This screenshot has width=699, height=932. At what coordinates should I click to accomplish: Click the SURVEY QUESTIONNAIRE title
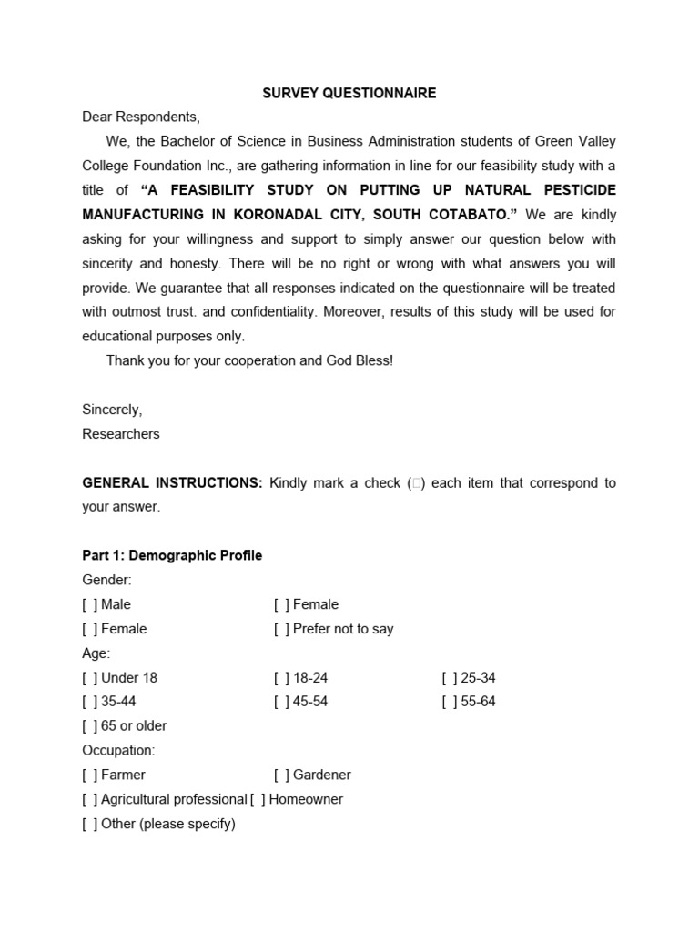tap(349, 93)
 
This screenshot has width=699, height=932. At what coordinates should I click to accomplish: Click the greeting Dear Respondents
tap(140, 116)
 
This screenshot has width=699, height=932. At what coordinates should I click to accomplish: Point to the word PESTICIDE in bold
tap(572, 190)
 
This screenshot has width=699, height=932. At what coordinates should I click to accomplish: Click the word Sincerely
tap(112, 410)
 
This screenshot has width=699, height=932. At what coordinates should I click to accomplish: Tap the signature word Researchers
tap(121, 434)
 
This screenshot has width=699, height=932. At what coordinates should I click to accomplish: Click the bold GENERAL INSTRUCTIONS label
tap(173, 482)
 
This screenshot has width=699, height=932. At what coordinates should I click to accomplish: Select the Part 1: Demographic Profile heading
tap(172, 555)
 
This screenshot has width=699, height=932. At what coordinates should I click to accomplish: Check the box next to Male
tap(89, 604)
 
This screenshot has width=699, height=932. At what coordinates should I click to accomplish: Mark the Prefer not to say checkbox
tap(281, 629)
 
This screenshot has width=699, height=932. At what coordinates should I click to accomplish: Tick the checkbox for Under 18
tap(89, 677)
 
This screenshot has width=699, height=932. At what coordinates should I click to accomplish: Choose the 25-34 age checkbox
tap(450, 677)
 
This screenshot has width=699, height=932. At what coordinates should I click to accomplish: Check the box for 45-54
tap(281, 702)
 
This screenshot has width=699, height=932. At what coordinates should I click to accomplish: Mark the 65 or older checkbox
tap(89, 726)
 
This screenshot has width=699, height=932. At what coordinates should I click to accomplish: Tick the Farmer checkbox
tap(89, 775)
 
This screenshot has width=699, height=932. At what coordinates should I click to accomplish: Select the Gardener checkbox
tap(281, 775)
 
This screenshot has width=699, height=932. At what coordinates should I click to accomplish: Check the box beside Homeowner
tap(258, 799)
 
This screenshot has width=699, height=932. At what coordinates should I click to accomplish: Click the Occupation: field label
tap(118, 751)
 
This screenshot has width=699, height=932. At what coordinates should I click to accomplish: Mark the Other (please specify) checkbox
tap(89, 824)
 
